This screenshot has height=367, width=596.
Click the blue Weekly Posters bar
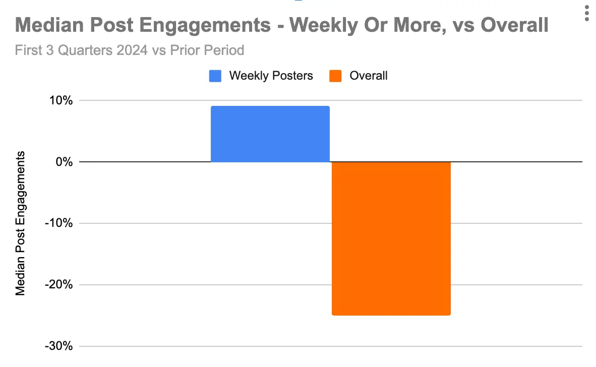point(270,134)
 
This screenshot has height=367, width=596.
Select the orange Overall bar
point(391,238)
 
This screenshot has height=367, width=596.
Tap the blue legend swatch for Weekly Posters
point(215,76)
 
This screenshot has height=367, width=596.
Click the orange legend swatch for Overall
point(336,76)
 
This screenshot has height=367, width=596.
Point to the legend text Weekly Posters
point(271,76)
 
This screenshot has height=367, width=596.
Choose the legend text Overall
point(369,76)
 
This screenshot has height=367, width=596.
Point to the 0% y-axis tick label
point(65,162)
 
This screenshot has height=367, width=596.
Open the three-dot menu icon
point(586,13)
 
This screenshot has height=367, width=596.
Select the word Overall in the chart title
point(514,25)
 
